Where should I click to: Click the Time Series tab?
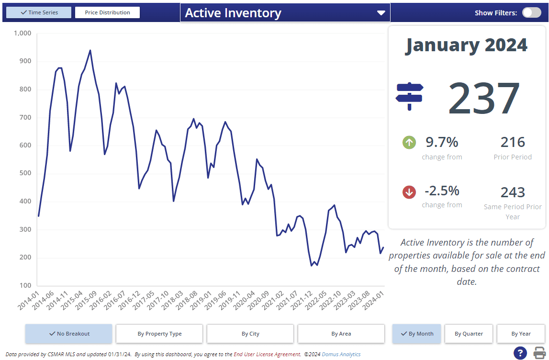point(39,12)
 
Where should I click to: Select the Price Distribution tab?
point(107,12)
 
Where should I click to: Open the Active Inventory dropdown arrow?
point(381,13)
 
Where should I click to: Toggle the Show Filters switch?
point(531,12)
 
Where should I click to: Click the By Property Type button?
point(159,334)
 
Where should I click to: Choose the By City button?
point(250,334)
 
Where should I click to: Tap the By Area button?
point(341,334)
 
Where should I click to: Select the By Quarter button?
point(469,334)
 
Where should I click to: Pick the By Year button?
point(520,334)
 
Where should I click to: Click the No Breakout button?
point(69,334)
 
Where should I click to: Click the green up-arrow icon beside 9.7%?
point(409,142)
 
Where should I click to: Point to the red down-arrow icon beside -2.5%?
point(409,192)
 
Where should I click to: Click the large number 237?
point(484,98)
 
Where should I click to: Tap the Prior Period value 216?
point(513,142)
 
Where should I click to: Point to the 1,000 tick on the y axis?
point(22,34)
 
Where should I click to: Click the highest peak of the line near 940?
point(90,50)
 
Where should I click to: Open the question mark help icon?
point(520,353)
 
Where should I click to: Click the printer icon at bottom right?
point(540,353)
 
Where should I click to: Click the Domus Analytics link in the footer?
point(341,354)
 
